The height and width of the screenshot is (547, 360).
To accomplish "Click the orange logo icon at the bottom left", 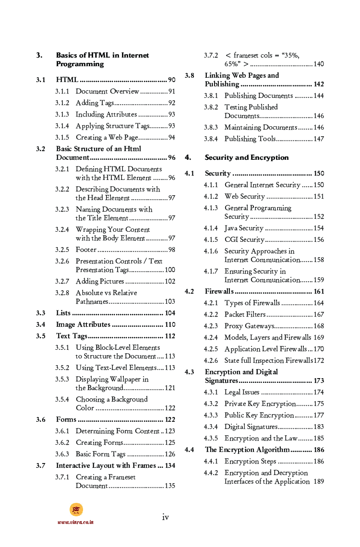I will pyautogui.click(x=76, y=510).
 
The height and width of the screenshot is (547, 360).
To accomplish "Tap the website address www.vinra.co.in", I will pyautogui.click(x=75, y=522).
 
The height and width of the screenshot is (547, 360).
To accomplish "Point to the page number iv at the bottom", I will pyautogui.click(x=165, y=517).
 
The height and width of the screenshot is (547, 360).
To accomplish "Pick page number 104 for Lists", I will pyautogui.click(x=170, y=313).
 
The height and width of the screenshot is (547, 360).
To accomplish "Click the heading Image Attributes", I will pyautogui.click(x=83, y=324).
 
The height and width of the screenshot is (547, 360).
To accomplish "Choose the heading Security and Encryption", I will pyautogui.click(x=247, y=157).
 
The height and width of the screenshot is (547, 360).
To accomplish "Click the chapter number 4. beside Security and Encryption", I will pyautogui.click(x=188, y=157).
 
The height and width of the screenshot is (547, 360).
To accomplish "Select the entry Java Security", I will pyautogui.click(x=244, y=228).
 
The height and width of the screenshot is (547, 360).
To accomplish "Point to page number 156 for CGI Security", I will pyautogui.click(x=318, y=239).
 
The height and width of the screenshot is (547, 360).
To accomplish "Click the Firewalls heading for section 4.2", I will pyautogui.click(x=219, y=291).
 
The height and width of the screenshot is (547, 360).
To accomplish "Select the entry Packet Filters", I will pyautogui.click(x=245, y=314).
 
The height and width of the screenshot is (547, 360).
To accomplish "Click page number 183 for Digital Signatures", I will pyautogui.click(x=318, y=427).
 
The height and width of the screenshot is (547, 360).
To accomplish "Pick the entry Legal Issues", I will pyautogui.click(x=242, y=392).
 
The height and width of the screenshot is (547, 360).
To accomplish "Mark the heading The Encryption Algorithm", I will pyautogui.click(x=247, y=450).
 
